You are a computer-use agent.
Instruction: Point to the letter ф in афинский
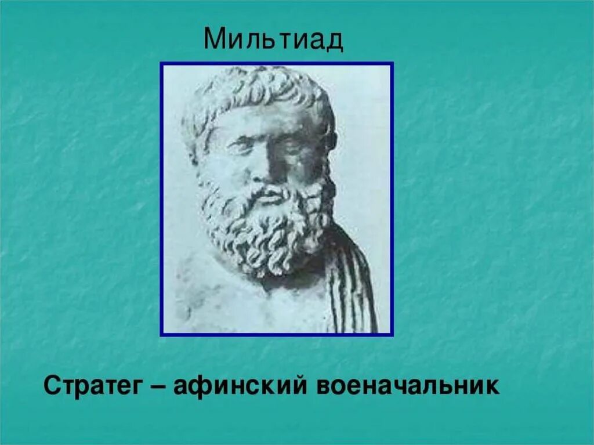coord(197,388)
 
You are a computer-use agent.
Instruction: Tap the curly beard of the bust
coord(264,232)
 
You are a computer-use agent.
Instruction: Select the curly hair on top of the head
coord(255,90)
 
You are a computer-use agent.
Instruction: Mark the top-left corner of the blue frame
coord(162,64)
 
